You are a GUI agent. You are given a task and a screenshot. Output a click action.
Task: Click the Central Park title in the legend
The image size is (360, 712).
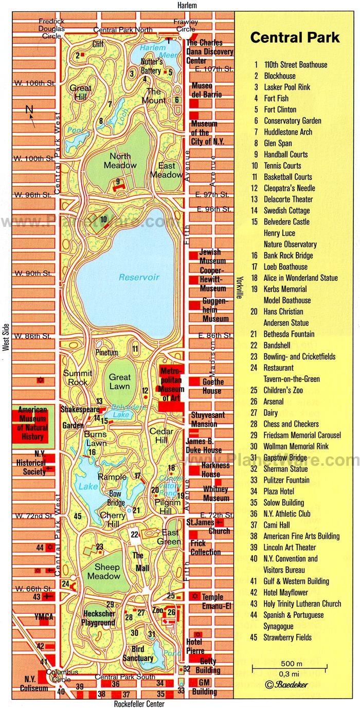click(x=295, y=38)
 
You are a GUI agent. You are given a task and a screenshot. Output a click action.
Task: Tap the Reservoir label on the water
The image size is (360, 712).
click(x=139, y=277)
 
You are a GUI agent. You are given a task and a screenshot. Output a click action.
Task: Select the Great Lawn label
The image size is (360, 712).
click(x=119, y=381)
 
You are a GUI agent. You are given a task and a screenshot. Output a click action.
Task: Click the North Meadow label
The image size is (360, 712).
click(x=120, y=160)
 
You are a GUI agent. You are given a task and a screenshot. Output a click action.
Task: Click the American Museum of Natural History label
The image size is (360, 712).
click(x=33, y=424)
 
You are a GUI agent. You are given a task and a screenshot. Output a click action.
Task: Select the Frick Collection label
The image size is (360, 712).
click(x=205, y=547)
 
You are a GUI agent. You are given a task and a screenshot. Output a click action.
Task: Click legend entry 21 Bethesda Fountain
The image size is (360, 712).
click(x=289, y=334)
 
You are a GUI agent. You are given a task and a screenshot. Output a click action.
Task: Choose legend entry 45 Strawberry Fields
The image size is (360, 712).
click(x=287, y=637)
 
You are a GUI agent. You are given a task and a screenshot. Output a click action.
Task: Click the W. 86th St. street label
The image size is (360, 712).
click(x=32, y=336)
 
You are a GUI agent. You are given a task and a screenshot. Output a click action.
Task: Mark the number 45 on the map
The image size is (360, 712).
click(x=78, y=516)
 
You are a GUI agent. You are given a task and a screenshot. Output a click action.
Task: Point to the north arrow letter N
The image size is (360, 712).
click(x=29, y=108)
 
